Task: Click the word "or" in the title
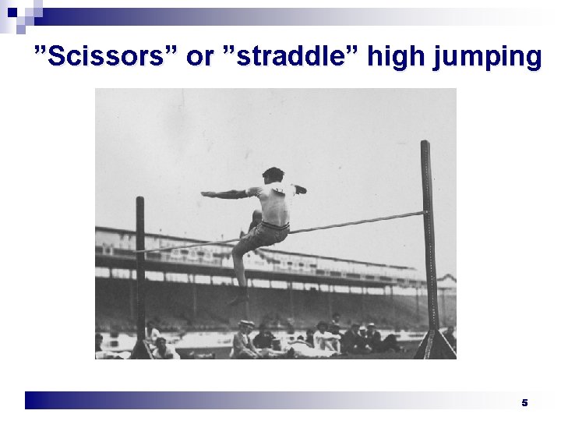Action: click(198, 57)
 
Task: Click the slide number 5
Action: click(524, 402)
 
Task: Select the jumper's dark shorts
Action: click(269, 232)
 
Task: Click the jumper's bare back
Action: click(274, 204)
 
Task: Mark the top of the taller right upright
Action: click(425, 145)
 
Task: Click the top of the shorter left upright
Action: click(140, 200)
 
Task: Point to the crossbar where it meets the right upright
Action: click(424, 211)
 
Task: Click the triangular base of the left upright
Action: click(141, 348)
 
